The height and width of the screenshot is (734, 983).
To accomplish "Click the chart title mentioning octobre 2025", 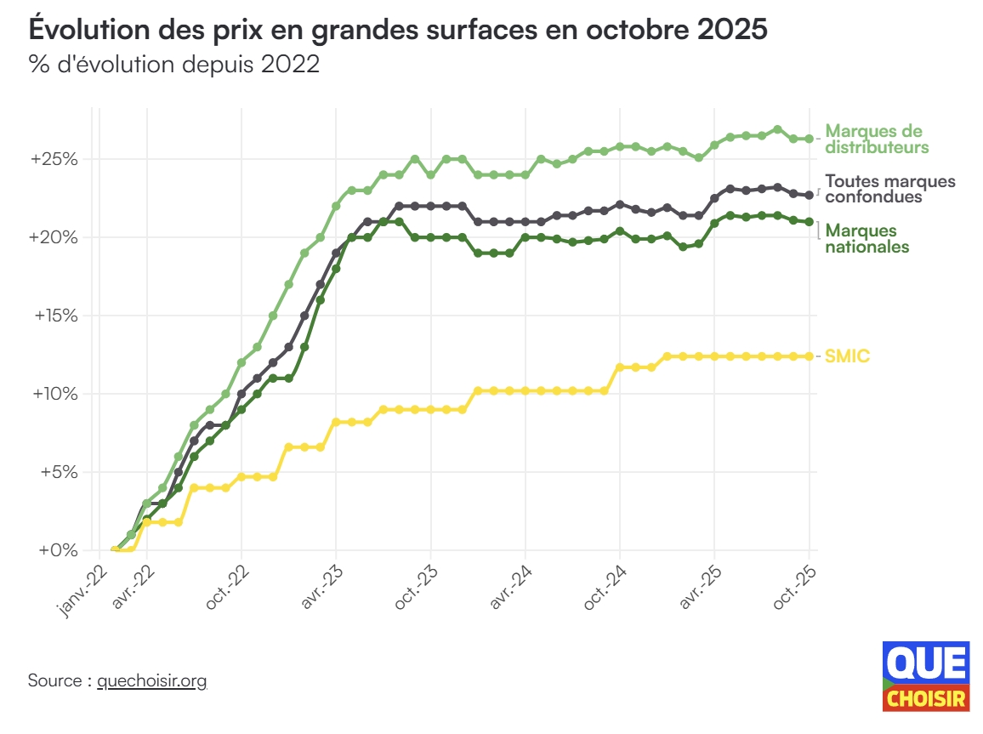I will pyautogui.click(x=398, y=30).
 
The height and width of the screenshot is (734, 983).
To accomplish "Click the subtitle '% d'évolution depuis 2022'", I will pyautogui.click(x=174, y=65).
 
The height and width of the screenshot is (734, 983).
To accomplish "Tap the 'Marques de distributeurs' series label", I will pyautogui.click(x=876, y=139).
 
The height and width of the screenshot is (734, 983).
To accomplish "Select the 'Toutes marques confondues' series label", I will pyautogui.click(x=889, y=189).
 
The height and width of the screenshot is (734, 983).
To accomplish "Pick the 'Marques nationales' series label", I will pyautogui.click(x=867, y=238).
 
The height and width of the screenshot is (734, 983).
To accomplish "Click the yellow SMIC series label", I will pyautogui.click(x=848, y=356).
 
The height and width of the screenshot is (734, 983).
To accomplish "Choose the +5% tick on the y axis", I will pyautogui.click(x=59, y=472).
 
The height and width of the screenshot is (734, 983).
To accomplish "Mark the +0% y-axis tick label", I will pyautogui.click(x=59, y=550).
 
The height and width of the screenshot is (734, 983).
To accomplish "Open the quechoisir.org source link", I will pyautogui.click(x=152, y=681).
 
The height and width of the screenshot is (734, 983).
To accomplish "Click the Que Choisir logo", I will pyautogui.click(x=926, y=676).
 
